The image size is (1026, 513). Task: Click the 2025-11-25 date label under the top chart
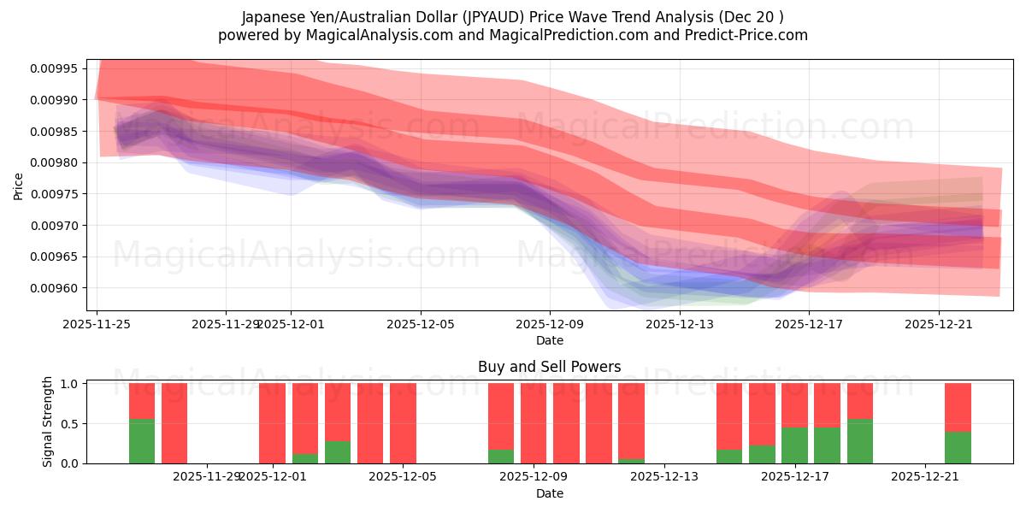pyautogui.click(x=97, y=324)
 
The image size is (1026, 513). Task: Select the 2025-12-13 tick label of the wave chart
pyautogui.click(x=679, y=324)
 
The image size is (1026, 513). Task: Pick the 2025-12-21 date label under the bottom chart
pyautogui.click(x=925, y=477)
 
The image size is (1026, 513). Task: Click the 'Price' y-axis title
pyautogui.click(x=19, y=185)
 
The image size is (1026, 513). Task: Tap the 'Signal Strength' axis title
pyautogui.click(x=48, y=422)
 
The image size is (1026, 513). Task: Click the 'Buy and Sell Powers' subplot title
pyautogui.click(x=549, y=367)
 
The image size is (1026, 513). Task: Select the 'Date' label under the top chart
pyautogui.click(x=549, y=340)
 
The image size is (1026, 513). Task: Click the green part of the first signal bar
pyautogui.click(x=142, y=441)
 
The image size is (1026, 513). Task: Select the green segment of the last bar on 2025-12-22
pyautogui.click(x=958, y=447)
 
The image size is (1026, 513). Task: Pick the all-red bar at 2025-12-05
pyautogui.click(x=403, y=423)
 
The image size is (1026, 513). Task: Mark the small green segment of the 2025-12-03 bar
pyautogui.click(x=338, y=452)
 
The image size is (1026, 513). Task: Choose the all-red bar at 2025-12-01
pyautogui.click(x=272, y=423)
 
